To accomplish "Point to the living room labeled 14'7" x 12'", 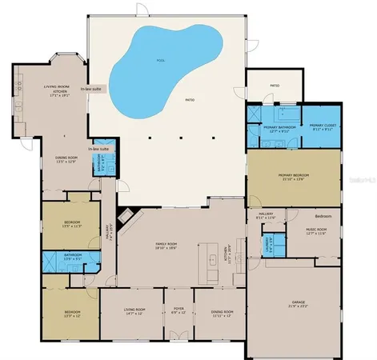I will click(134, 312).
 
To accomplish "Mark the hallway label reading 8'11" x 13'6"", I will click(267, 216).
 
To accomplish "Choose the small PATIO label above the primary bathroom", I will click(275, 85).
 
